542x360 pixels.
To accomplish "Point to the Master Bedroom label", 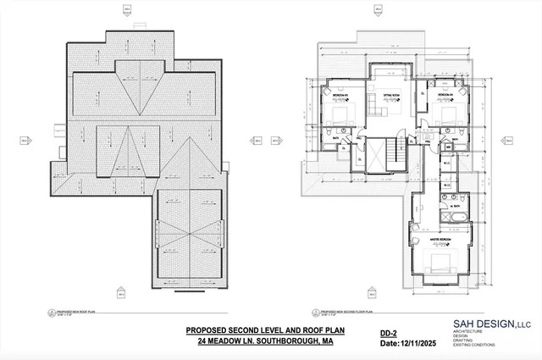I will tap(440, 240).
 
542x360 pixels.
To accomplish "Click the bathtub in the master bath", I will tap(453, 220).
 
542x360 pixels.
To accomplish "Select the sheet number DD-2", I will tap(387, 333).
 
